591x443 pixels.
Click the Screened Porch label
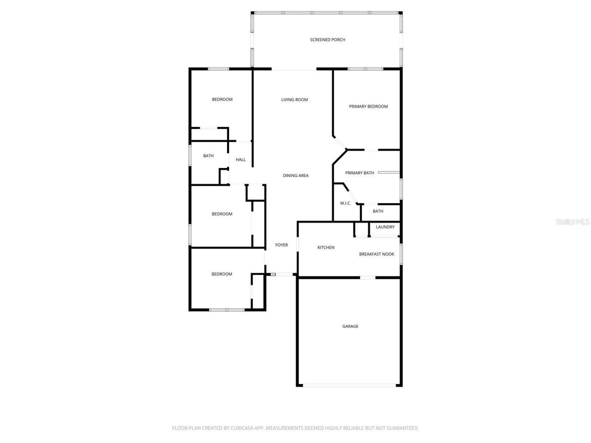(327, 40)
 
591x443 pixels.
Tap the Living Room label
(294, 100)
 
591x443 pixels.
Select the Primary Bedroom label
(368, 107)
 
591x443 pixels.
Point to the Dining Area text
(295, 175)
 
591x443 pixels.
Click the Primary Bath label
(359, 173)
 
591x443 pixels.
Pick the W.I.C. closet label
(345, 203)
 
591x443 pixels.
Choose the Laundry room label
(385, 227)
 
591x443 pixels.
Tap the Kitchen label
(326, 248)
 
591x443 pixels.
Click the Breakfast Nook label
(376, 254)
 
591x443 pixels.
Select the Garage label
(350, 326)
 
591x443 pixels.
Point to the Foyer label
(281, 245)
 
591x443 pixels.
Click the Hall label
(241, 160)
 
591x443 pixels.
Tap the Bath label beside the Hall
(208, 156)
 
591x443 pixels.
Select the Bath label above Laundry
(378, 211)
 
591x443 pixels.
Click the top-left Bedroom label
(222, 100)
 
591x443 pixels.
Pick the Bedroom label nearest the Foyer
(222, 274)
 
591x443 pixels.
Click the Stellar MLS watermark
(573, 222)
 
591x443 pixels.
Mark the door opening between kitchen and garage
(368, 277)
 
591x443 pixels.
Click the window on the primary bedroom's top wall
(365, 69)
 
